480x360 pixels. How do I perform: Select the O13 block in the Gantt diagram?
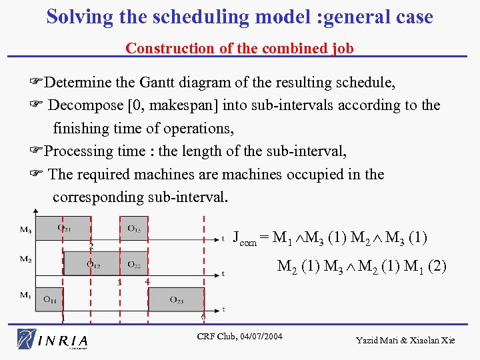coord(134,229)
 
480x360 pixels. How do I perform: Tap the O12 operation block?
coord(93,263)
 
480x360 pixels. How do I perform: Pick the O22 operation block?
coord(134,263)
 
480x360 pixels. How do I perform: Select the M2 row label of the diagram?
coord(25,259)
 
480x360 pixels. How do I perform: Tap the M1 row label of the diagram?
coord(25,295)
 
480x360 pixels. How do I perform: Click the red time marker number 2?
coord(91,245)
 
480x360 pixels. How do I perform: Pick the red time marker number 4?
coord(147,281)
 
